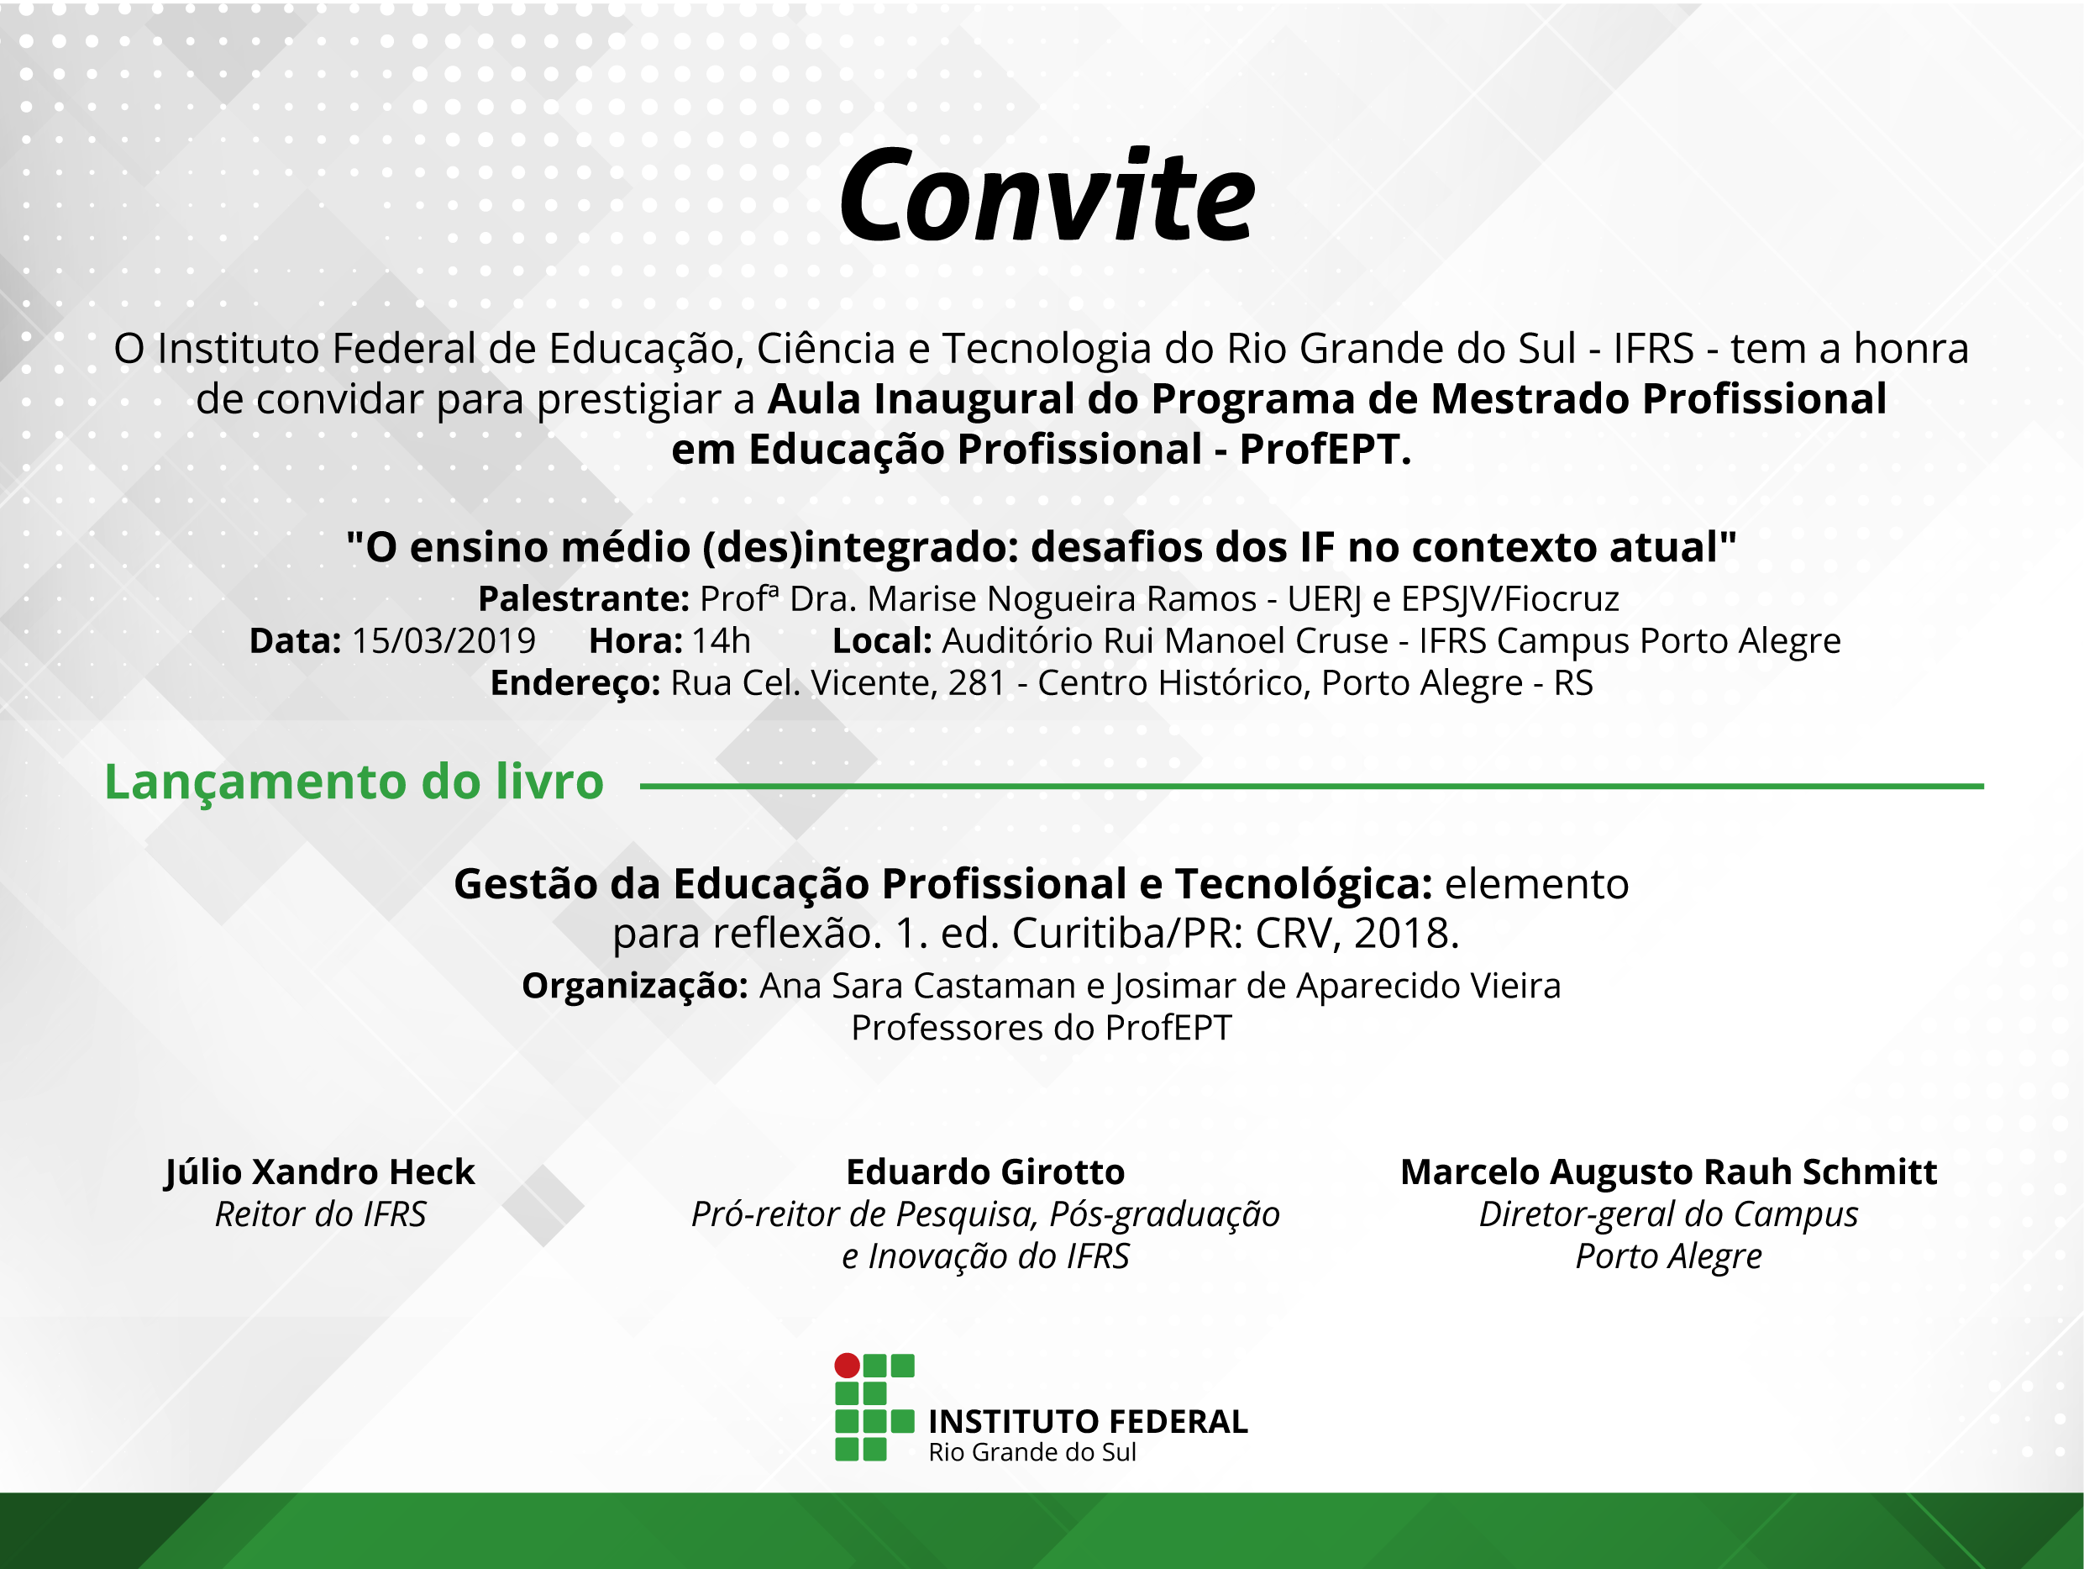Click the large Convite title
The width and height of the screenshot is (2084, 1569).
pos(1047,196)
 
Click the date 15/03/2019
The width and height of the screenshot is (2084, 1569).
pos(444,640)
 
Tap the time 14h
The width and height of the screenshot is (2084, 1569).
pos(722,640)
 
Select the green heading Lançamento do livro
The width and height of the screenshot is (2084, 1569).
pos(354,782)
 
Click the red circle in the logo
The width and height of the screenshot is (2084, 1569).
pos(847,1366)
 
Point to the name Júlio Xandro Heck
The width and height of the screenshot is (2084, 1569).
pos(320,1172)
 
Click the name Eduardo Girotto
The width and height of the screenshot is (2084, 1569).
pos(985,1172)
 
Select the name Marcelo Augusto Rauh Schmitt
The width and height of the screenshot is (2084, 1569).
pos(1668,1172)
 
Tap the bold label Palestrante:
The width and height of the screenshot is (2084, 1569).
pos(584,599)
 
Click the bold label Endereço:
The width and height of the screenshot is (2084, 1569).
pos(575,683)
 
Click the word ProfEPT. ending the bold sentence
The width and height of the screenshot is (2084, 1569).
pos(1325,450)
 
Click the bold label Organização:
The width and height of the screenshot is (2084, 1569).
pos(635,987)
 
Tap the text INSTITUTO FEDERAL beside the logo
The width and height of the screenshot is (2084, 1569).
pos(1088,1422)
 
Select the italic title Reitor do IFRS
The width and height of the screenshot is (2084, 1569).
pos(320,1214)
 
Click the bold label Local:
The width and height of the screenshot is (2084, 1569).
pos(882,640)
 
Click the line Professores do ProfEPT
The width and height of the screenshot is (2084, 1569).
pos(1041,1028)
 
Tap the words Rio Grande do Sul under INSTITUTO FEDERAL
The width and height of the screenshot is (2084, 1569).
pos(1032,1453)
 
